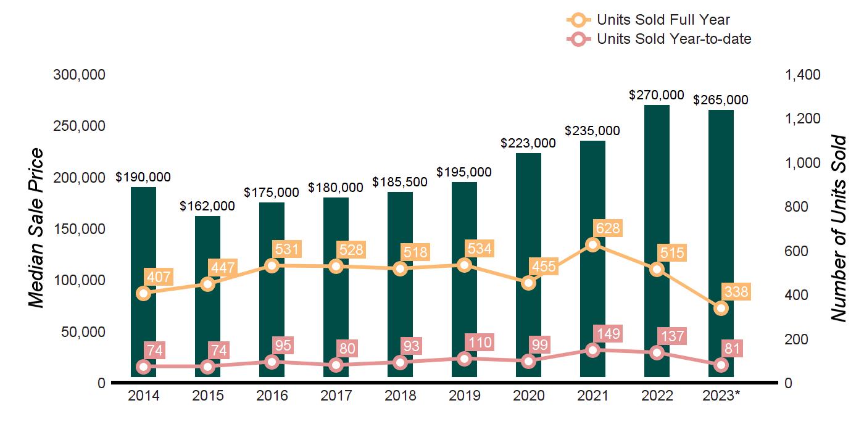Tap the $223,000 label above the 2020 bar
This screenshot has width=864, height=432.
(x=528, y=143)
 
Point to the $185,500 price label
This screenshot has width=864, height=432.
(x=400, y=182)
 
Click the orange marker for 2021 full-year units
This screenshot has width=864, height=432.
(x=592, y=245)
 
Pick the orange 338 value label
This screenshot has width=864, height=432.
(x=736, y=292)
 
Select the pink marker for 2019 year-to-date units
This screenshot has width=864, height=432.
(x=464, y=359)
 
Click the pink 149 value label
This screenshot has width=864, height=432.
(x=607, y=334)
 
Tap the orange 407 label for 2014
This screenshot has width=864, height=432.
(x=157, y=276)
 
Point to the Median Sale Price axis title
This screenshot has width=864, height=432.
(x=38, y=228)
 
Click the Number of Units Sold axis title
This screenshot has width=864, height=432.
(x=837, y=228)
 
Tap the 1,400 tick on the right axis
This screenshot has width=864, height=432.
(x=802, y=75)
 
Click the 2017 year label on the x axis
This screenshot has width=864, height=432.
(x=336, y=396)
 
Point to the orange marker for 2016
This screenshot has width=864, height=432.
(x=272, y=266)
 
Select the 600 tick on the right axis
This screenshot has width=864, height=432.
(x=797, y=251)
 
